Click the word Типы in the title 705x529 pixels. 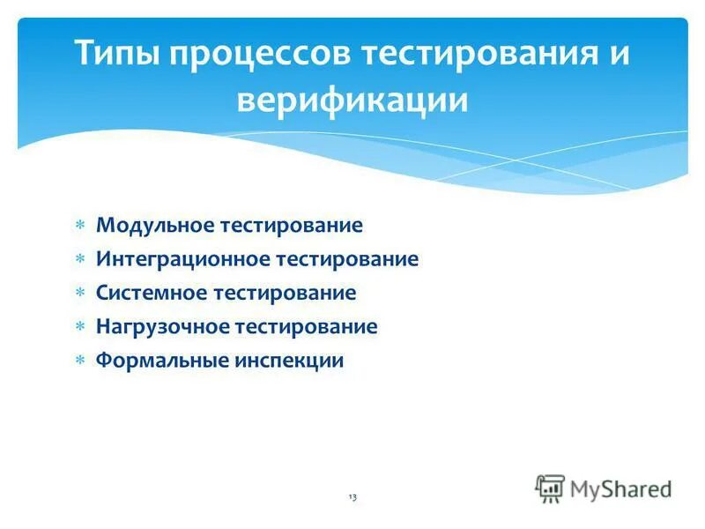(116, 55)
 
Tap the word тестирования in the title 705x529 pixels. (474, 55)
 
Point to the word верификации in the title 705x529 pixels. (352, 100)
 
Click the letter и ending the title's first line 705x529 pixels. (620, 55)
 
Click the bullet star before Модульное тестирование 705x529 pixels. (78, 226)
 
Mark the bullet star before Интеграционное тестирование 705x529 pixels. (78, 259)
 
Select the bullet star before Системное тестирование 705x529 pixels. (78, 293)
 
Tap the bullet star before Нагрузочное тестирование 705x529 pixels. (78, 327)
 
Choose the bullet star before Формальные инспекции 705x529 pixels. (78, 361)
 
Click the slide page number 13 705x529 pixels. (352, 498)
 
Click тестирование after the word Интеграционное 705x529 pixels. (347, 259)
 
